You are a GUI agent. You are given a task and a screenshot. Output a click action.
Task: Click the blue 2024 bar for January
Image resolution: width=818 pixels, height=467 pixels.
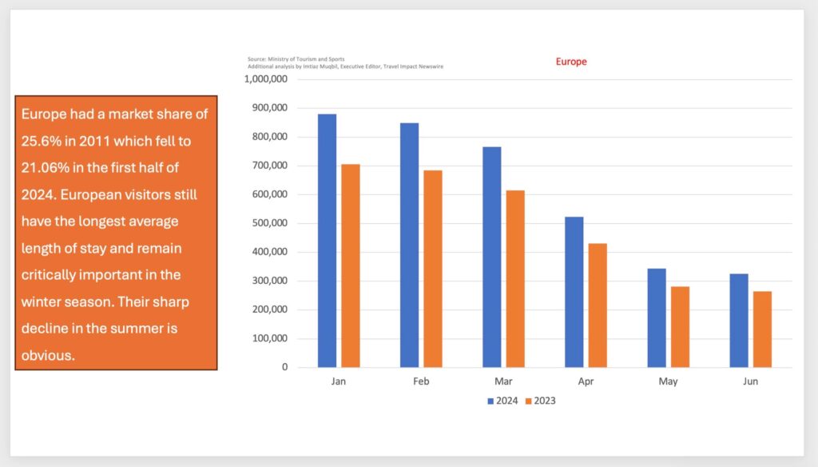tap(327, 240)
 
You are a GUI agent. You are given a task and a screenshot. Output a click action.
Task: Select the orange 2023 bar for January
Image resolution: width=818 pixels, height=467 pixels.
tap(351, 265)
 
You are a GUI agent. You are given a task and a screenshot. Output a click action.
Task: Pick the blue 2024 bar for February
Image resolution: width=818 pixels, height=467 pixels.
tap(409, 245)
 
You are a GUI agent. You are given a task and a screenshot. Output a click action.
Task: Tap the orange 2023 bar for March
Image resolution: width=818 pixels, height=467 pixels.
tap(515, 278)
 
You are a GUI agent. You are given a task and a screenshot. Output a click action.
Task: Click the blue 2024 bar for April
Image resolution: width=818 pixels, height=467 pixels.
tap(574, 292)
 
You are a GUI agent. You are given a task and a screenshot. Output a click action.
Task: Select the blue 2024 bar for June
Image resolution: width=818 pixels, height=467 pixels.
tap(739, 320)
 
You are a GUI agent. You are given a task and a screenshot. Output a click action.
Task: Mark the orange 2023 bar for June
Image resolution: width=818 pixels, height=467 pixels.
tap(763, 329)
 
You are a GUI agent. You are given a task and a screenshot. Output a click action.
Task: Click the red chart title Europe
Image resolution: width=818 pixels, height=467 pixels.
tap(571, 62)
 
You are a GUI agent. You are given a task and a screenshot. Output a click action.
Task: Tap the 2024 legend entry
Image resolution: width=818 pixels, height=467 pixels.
tap(502, 401)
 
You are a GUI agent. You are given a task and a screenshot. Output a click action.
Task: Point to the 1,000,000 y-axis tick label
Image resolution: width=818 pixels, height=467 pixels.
tap(264, 79)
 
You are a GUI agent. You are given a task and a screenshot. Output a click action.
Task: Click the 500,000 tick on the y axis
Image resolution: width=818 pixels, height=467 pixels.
tap(268, 223)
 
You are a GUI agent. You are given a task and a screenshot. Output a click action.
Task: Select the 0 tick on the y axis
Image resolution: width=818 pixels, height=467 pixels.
tap(284, 367)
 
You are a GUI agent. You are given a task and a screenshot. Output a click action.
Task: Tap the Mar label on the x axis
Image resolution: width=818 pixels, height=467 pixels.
tap(503, 381)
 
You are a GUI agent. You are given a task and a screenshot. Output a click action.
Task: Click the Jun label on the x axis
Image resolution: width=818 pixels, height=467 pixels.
tap(751, 381)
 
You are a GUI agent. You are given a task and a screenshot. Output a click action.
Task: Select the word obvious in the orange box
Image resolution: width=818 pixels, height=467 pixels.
tap(48, 355)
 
